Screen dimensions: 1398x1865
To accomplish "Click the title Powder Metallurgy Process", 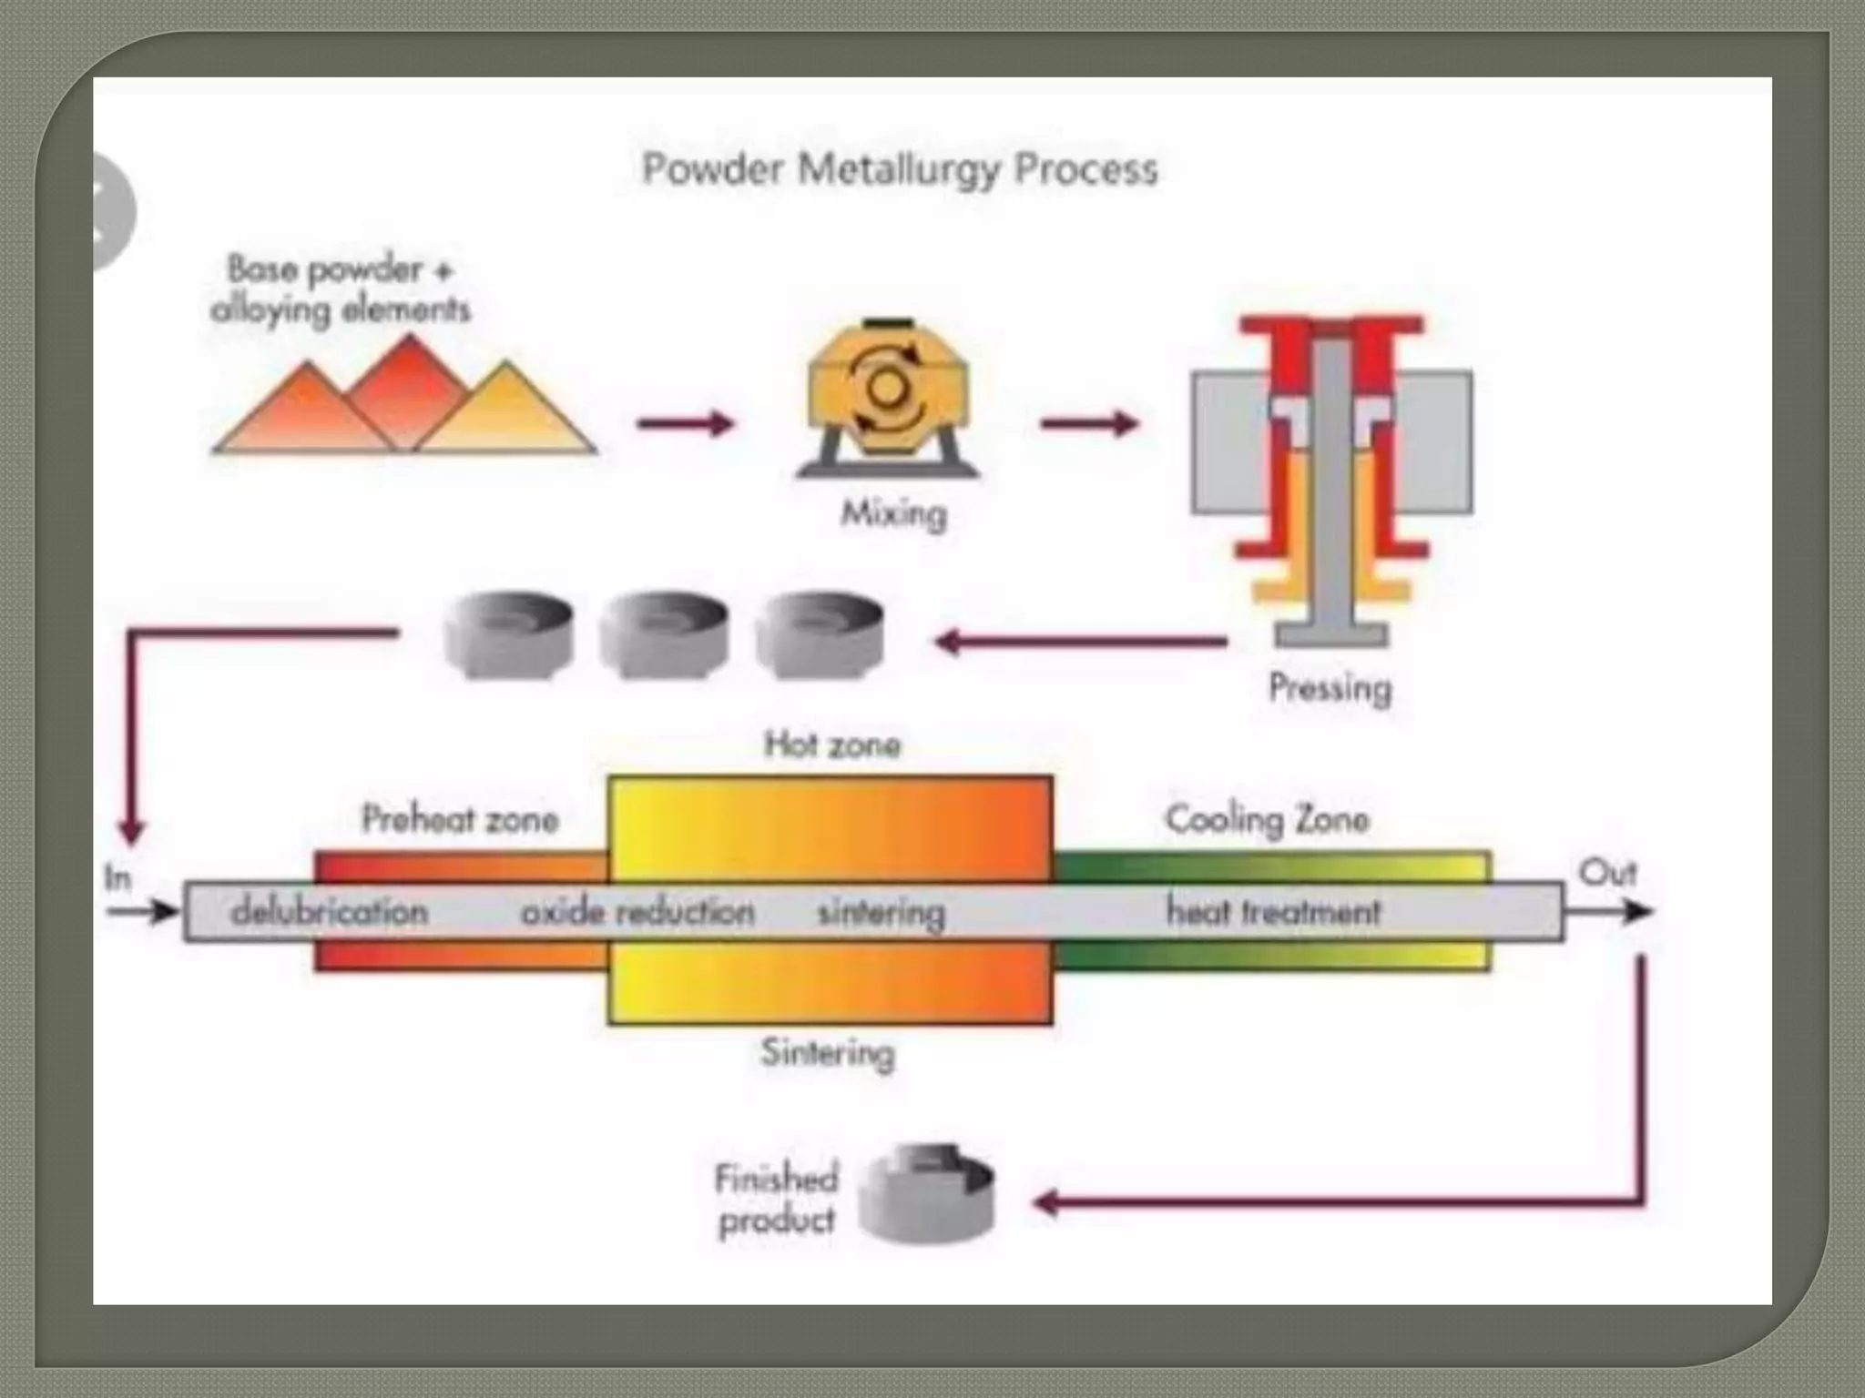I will (900, 169).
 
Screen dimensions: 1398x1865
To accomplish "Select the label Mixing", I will (893, 514).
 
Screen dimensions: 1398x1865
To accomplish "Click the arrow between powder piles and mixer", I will (685, 423).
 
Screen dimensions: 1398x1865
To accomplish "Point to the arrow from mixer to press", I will (1089, 423).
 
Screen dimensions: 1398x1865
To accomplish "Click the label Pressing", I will (1330, 687).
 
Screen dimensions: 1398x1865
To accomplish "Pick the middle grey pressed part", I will (664, 634).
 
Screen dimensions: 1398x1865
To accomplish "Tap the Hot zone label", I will (831, 745).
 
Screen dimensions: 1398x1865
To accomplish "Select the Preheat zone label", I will (460, 819).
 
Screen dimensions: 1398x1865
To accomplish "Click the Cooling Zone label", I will (1267, 819).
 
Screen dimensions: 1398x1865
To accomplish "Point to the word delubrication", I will (330, 911).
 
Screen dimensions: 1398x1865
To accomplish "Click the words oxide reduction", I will (637, 911).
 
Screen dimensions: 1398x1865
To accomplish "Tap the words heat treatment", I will (1273, 911).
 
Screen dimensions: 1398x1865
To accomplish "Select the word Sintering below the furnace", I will (828, 1053).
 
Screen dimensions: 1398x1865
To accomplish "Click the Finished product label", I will (777, 1199).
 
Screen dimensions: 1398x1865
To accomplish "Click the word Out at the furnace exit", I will (1607, 873).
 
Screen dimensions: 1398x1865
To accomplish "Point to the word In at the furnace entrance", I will (117, 878).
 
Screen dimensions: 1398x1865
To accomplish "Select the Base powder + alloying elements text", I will (340, 289).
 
